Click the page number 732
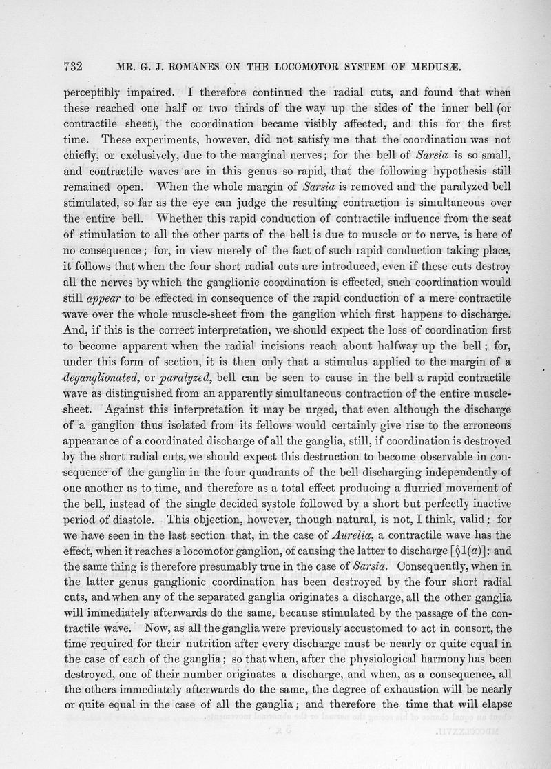click(x=73, y=67)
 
